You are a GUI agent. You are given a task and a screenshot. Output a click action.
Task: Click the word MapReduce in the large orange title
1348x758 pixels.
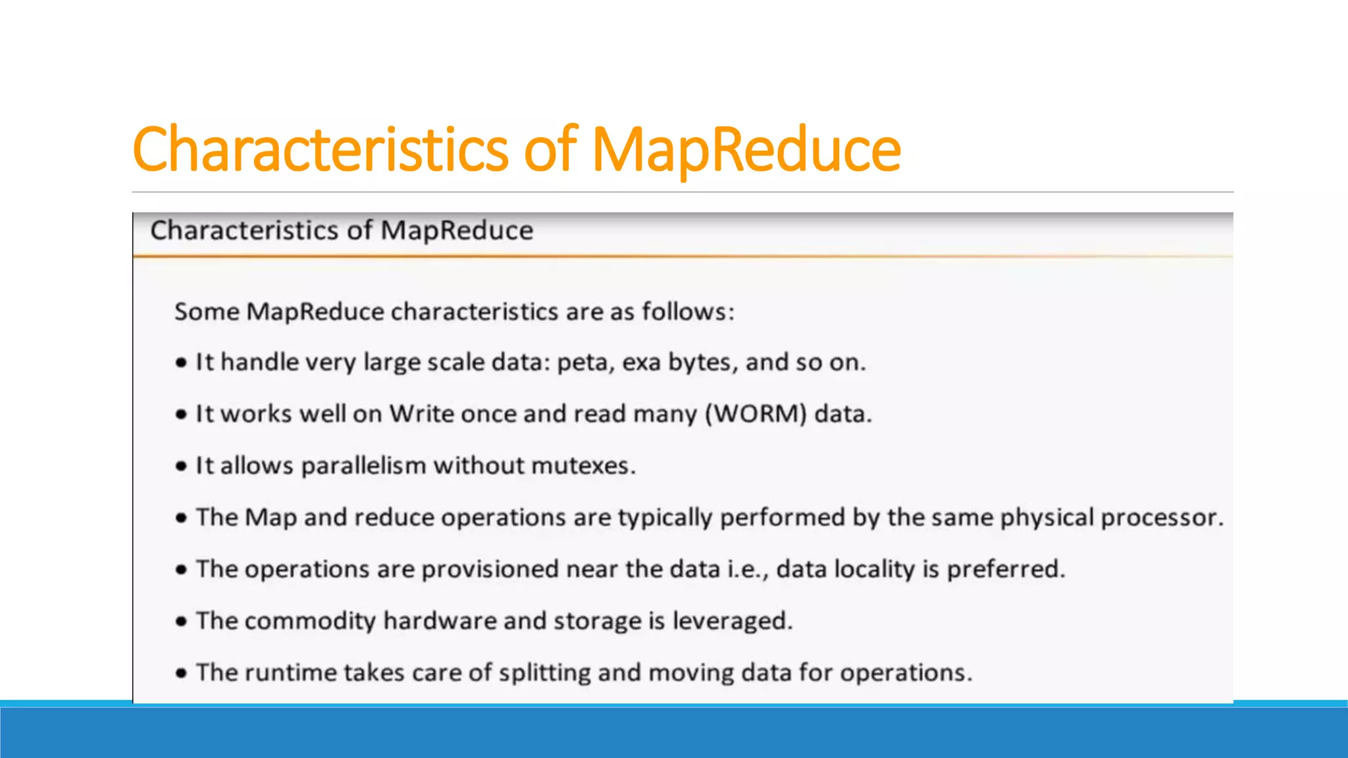(x=746, y=150)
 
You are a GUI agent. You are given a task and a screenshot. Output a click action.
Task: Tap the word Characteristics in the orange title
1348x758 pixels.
(x=321, y=150)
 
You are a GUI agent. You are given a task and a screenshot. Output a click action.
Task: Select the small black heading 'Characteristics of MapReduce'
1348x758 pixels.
(x=342, y=231)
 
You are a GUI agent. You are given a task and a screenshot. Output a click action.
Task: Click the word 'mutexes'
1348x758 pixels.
(x=583, y=466)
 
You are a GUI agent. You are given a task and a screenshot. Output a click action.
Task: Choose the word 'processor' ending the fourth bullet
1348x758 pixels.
(x=1162, y=518)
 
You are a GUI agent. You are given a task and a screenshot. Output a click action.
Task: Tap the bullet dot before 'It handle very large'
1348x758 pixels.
(x=182, y=363)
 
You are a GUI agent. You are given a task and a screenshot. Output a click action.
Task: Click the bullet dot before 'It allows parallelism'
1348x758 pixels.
(x=182, y=467)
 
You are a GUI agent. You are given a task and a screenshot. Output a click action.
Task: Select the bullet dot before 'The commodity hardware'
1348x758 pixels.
(x=182, y=621)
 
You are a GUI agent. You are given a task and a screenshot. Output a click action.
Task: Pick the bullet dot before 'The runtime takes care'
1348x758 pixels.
(x=182, y=673)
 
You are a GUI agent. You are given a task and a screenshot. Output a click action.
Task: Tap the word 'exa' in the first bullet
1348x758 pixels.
(x=641, y=363)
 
